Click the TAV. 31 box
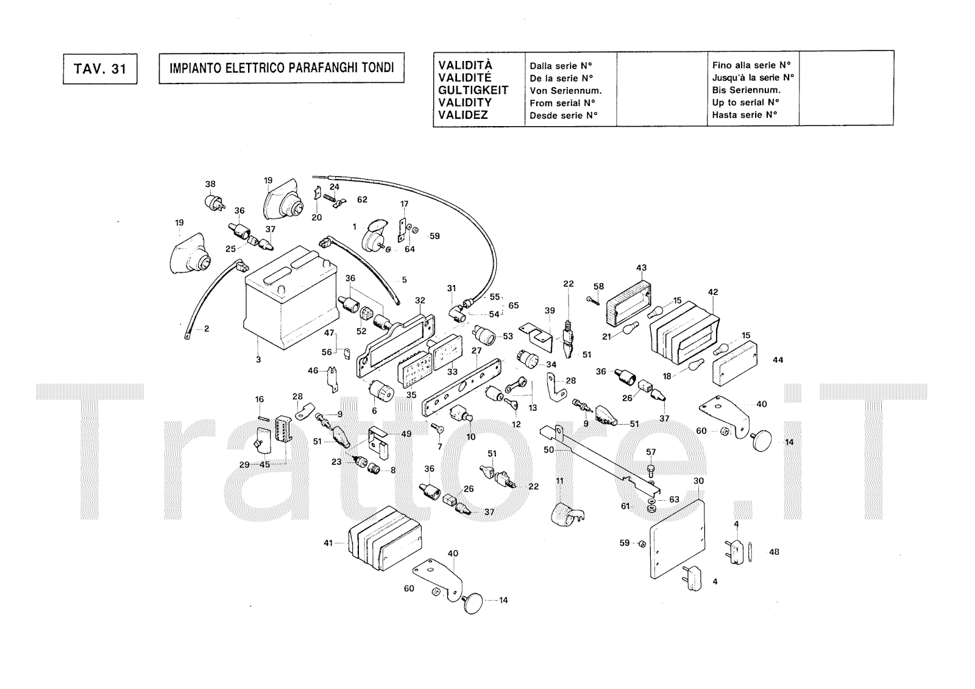100,69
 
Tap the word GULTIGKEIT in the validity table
473,90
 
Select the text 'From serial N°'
562,103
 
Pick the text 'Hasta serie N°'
745,115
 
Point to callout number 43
641,267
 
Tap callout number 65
514,306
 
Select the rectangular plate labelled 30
677,539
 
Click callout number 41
328,543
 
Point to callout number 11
560,481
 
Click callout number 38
210,184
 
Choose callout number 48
774,552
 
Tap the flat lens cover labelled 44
735,364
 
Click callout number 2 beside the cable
207,328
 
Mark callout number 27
477,350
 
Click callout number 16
260,399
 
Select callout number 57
651,452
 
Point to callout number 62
362,199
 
